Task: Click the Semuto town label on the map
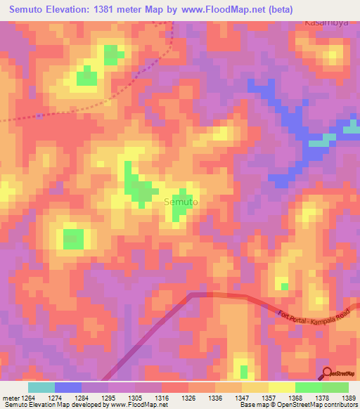tap(181, 202)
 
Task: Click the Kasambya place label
tap(327, 22)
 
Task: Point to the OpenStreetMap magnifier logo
tap(328, 373)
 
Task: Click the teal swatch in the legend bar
tap(41, 387)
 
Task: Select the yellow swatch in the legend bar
tap(281, 387)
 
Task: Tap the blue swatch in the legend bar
tap(68, 387)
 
